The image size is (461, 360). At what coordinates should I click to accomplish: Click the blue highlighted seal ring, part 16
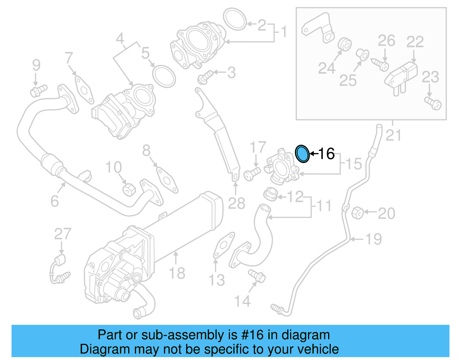click(302, 154)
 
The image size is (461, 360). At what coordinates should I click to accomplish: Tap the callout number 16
click(326, 153)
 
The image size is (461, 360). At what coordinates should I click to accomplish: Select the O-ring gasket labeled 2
click(235, 19)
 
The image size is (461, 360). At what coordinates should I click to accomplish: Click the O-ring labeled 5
click(164, 76)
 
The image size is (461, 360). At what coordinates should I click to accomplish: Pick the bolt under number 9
click(38, 91)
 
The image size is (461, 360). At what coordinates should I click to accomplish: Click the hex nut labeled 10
click(129, 189)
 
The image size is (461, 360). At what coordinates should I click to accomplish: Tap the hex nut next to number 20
click(358, 213)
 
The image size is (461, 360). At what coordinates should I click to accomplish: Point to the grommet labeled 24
click(344, 44)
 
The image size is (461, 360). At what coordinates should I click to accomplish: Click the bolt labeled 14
click(257, 276)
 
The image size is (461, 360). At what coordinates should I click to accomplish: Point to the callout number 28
click(237, 203)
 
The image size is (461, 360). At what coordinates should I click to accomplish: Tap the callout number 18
click(177, 273)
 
